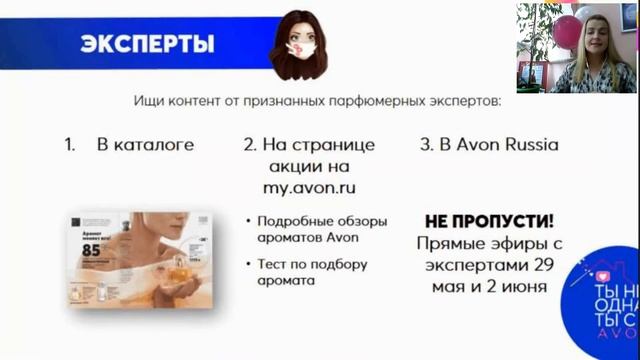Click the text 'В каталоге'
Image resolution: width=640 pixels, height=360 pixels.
144,144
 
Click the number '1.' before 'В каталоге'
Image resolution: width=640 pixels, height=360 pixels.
70,144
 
